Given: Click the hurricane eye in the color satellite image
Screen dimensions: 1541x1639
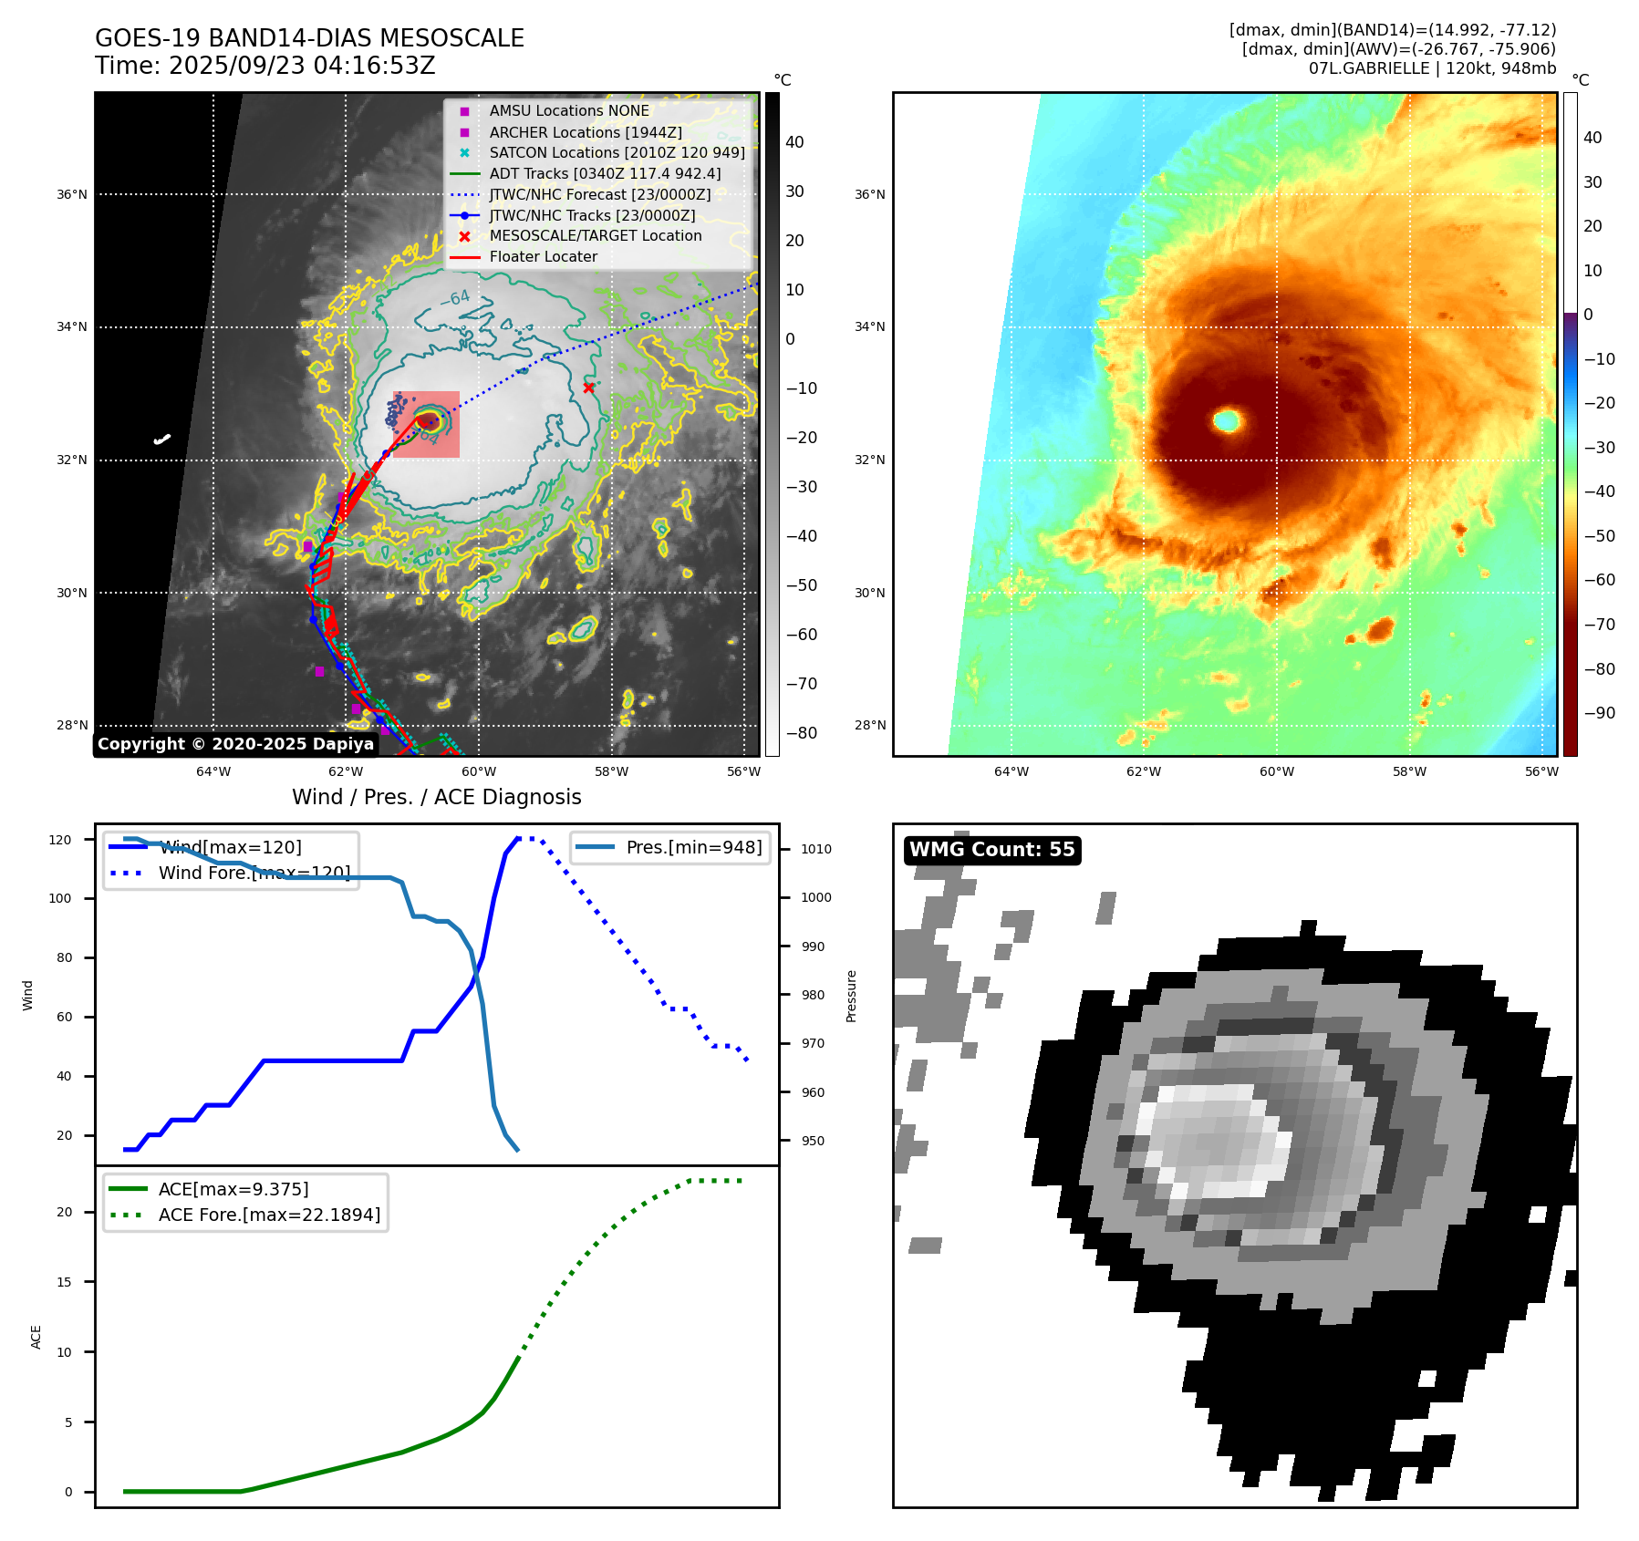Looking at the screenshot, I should pyautogui.click(x=1228, y=420).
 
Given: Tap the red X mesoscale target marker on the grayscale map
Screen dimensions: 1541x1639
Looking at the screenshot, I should pyautogui.click(x=588, y=388).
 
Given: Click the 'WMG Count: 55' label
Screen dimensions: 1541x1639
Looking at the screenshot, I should pyautogui.click(x=991, y=850).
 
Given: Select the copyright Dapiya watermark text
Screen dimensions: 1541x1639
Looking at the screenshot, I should pyautogui.click(x=235, y=744).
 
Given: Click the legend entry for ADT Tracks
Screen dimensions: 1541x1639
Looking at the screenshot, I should pyautogui.click(x=605, y=173).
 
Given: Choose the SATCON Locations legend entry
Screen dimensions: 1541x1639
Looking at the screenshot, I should pyautogui.click(x=617, y=152).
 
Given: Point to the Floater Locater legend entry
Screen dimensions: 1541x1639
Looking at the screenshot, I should pyautogui.click(x=543, y=256).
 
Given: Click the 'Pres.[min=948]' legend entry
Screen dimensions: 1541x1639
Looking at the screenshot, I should pyautogui.click(x=693, y=847).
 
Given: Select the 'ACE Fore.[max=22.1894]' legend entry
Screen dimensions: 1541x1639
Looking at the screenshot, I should pyautogui.click(x=269, y=1215).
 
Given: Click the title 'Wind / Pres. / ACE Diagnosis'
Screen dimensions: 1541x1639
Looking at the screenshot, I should pyautogui.click(x=436, y=797).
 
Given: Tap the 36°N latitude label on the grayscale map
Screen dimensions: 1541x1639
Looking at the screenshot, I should pyautogui.click(x=72, y=194).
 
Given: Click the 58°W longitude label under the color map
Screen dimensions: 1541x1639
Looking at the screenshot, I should pyautogui.click(x=1409, y=771).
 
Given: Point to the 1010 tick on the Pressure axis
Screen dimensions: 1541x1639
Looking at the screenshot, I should pyautogui.click(x=816, y=849).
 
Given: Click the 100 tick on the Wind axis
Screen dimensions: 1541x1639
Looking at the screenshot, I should pyautogui.click(x=59, y=898).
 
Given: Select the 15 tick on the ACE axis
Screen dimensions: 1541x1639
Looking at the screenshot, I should pyautogui.click(x=64, y=1282).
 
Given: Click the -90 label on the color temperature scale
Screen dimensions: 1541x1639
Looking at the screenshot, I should pyautogui.click(x=1599, y=713).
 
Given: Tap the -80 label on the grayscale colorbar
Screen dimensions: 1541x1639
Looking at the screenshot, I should pyautogui.click(x=801, y=733).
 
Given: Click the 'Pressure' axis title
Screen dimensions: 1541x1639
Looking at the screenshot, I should pyautogui.click(x=852, y=996).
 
